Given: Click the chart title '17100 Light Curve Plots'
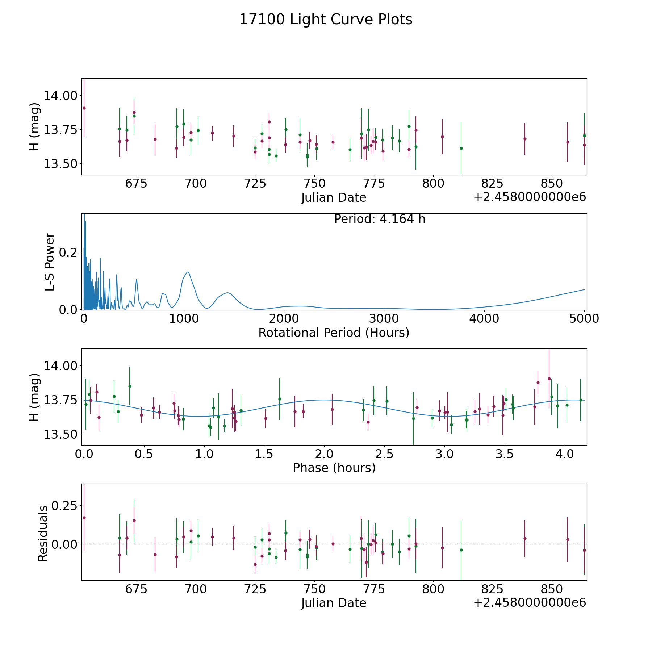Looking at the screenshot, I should click(x=326, y=20).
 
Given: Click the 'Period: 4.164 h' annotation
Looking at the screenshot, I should click(x=379, y=219).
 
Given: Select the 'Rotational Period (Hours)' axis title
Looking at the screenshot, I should click(x=334, y=333).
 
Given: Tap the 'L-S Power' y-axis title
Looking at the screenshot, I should click(x=50, y=262).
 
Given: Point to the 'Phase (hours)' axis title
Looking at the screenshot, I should click(x=334, y=468).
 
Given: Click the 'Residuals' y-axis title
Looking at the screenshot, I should click(x=43, y=534).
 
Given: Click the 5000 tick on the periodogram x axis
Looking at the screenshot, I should click(x=584, y=319).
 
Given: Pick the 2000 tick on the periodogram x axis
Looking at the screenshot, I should click(x=284, y=319).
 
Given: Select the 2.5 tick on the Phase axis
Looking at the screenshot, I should click(x=384, y=454).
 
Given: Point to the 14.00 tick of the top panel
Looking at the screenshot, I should click(x=60, y=96).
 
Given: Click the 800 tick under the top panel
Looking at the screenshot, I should click(x=433, y=183).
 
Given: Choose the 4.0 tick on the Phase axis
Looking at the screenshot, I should click(x=564, y=454).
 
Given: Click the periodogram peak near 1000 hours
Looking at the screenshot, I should click(x=188, y=272).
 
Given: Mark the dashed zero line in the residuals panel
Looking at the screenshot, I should click(x=326, y=544).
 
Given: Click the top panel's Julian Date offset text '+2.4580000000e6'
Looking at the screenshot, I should click(x=529, y=197).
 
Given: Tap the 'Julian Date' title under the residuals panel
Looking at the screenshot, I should click(x=334, y=603).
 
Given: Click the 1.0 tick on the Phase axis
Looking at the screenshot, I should click(x=204, y=454).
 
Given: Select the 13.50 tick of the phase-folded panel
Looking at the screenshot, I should click(x=60, y=434).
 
